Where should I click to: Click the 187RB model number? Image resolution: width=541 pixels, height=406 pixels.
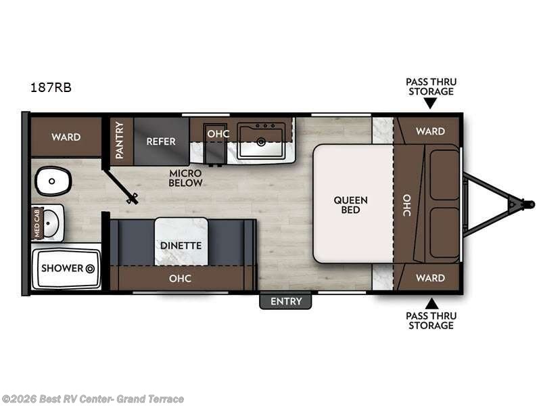pyautogui.click(x=51, y=87)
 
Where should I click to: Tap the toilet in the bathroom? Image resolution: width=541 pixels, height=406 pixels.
pyautogui.click(x=53, y=181)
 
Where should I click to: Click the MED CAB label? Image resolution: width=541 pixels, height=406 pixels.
pyautogui.click(x=38, y=224)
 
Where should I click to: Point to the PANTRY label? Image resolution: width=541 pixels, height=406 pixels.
pyautogui.click(x=120, y=141)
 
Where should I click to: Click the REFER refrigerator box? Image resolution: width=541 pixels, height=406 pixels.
pyautogui.click(x=161, y=141)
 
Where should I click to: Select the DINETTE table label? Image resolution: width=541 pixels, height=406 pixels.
pyautogui.click(x=181, y=245)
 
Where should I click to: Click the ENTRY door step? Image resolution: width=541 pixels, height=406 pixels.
pyautogui.click(x=285, y=301)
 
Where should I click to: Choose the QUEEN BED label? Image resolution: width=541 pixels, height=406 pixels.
pyautogui.click(x=350, y=204)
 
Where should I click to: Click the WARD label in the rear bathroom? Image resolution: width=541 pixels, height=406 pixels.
pyautogui.click(x=66, y=137)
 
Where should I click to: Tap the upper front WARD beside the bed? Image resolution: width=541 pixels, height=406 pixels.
pyautogui.click(x=430, y=131)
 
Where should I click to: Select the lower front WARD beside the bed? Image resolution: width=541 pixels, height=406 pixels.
pyautogui.click(x=430, y=277)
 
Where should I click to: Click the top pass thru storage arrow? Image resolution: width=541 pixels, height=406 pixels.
pyautogui.click(x=430, y=104)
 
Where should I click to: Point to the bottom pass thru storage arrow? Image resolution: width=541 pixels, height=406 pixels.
pyautogui.click(x=430, y=304)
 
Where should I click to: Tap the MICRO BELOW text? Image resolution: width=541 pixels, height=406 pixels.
pyautogui.click(x=185, y=178)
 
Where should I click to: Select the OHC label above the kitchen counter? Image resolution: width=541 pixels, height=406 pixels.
pyautogui.click(x=218, y=134)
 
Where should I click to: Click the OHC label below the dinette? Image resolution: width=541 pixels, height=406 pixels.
pyautogui.click(x=180, y=278)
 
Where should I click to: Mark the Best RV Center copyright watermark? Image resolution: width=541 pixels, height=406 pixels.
pyautogui.click(x=93, y=399)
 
